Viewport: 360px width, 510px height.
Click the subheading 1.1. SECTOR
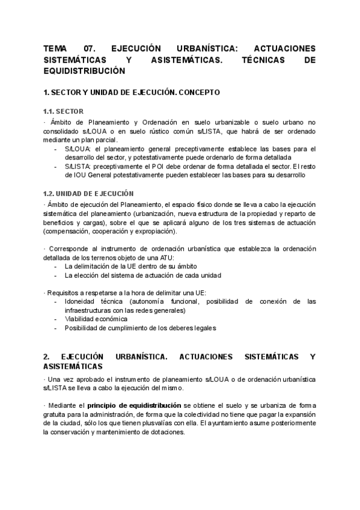(x=64, y=111)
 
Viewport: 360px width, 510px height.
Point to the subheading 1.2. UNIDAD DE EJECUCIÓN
(x=88, y=193)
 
